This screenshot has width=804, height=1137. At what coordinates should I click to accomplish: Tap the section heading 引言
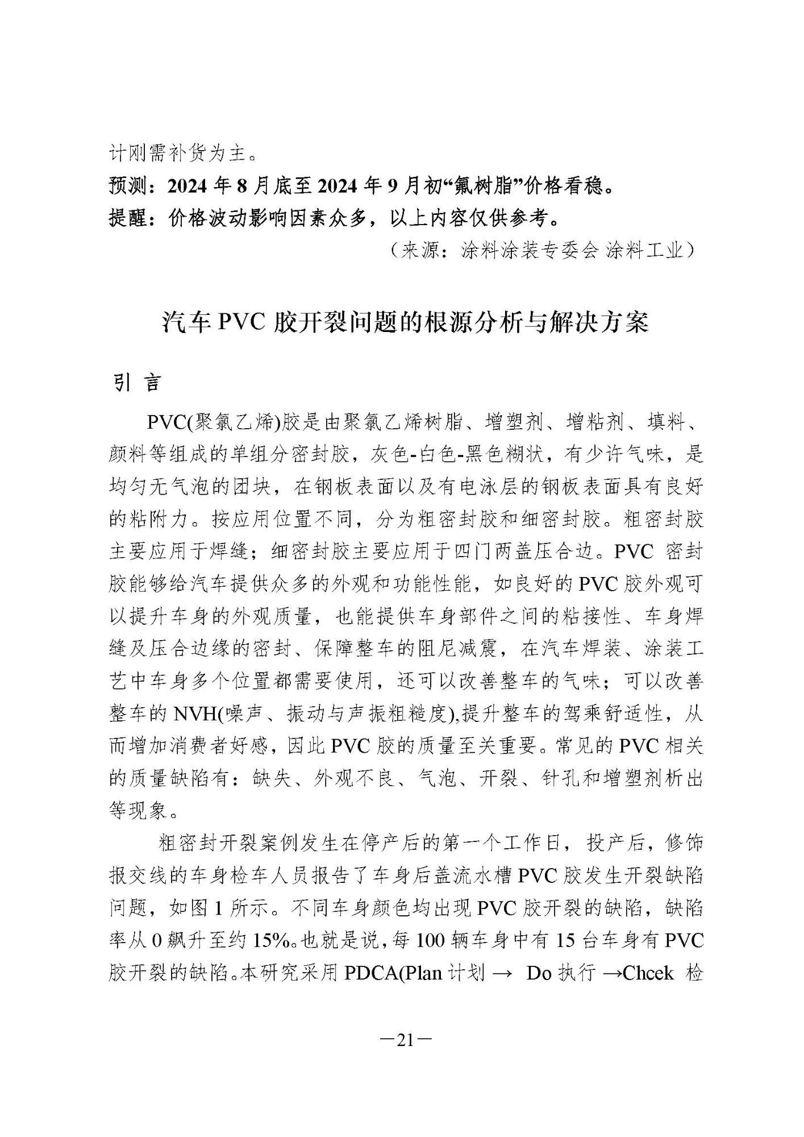[x=136, y=383]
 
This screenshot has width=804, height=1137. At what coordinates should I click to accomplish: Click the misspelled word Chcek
[x=648, y=973]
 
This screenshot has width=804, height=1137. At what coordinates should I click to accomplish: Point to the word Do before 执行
[x=539, y=973]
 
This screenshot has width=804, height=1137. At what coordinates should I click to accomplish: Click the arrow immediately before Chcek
[x=611, y=973]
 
